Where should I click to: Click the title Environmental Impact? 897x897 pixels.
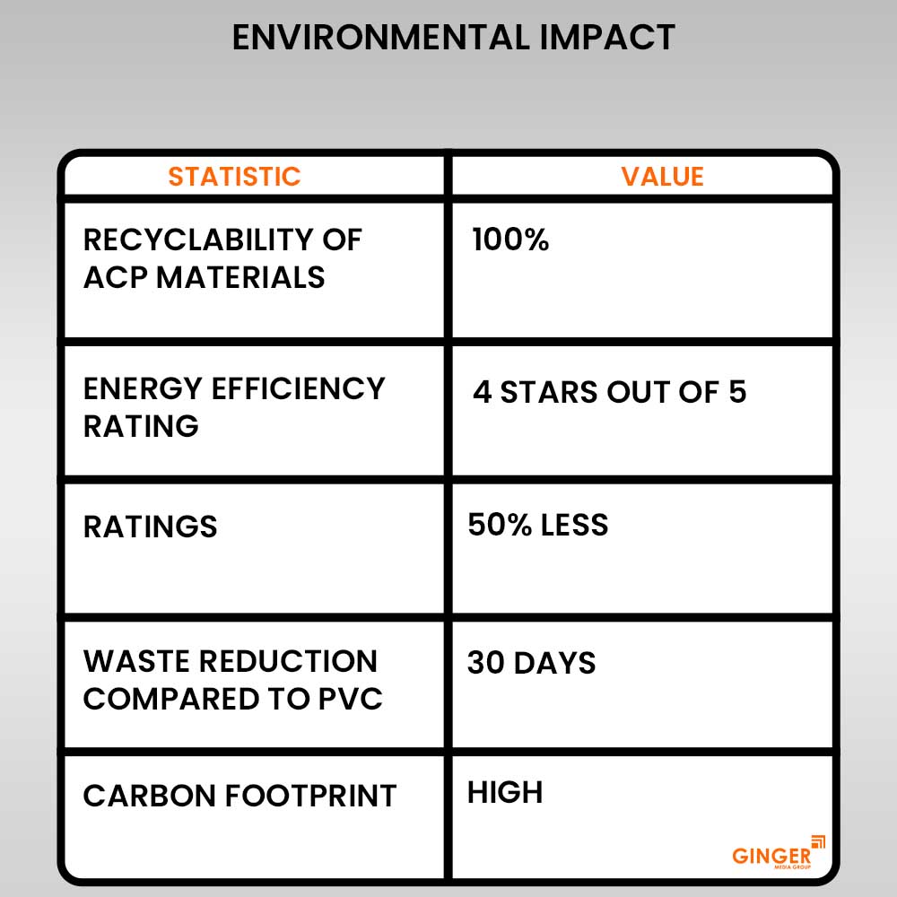[x=453, y=38]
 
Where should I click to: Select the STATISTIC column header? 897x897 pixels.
[x=234, y=177]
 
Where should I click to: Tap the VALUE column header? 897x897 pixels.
[x=663, y=177]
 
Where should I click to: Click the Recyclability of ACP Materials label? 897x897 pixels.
[x=222, y=258]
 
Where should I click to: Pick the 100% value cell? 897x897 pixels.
[x=510, y=240]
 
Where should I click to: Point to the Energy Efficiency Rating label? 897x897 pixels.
[x=233, y=406]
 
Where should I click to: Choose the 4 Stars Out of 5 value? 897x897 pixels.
[x=609, y=392]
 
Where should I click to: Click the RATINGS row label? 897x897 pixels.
[x=150, y=527]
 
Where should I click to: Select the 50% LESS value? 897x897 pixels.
[x=537, y=525]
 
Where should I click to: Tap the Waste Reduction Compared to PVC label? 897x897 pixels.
[x=232, y=680]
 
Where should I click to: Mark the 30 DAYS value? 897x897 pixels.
[x=531, y=664]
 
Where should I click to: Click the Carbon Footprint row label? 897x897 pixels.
[x=239, y=796]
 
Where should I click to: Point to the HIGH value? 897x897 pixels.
[x=505, y=792]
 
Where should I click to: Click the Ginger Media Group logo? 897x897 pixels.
[x=778, y=853]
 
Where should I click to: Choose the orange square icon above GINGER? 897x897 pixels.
[x=818, y=841]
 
